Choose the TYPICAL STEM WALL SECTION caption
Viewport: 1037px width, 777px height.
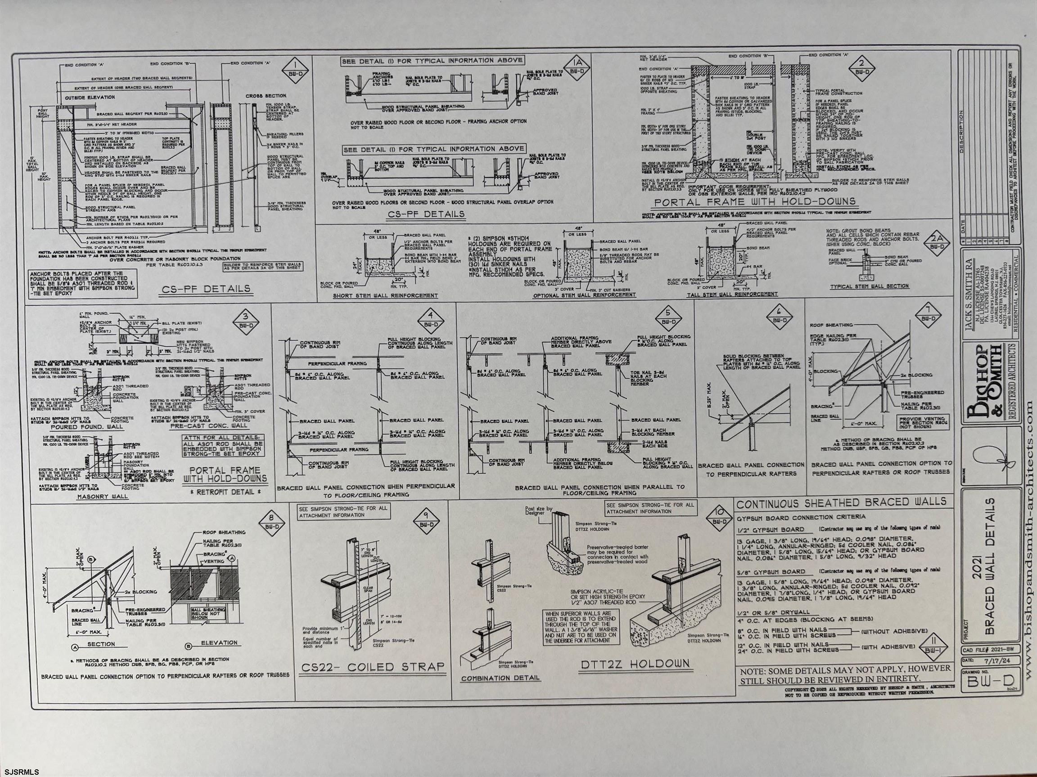pos(869,286)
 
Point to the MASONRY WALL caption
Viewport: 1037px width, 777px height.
pos(102,496)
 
